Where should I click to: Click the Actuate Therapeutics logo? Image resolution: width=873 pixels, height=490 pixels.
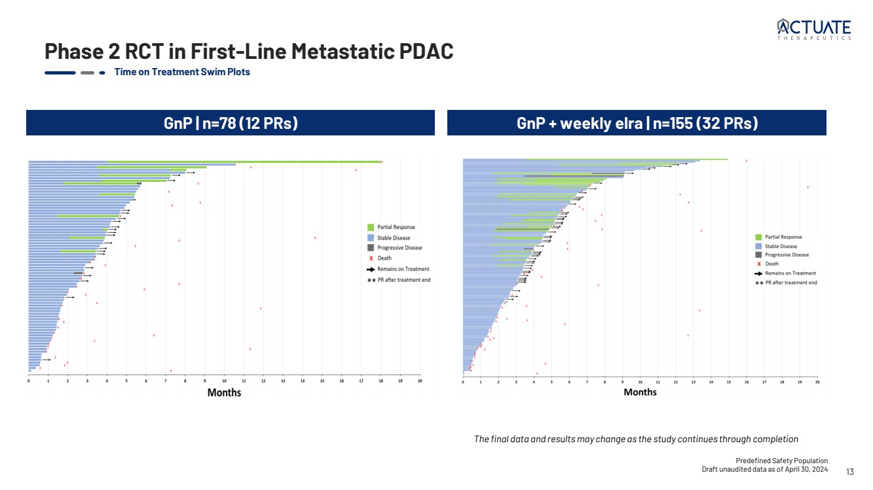[x=814, y=29]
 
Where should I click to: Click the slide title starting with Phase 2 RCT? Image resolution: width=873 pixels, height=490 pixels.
[x=249, y=51]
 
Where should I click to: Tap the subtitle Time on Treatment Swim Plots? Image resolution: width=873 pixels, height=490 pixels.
[x=182, y=72]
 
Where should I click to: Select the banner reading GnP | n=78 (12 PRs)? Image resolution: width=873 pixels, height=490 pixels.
[x=231, y=123]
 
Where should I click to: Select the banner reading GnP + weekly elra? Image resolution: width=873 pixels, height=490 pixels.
[x=637, y=123]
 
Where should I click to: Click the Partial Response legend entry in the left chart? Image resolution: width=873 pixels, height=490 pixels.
[x=396, y=227]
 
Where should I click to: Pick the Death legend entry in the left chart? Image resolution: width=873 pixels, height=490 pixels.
[x=384, y=258]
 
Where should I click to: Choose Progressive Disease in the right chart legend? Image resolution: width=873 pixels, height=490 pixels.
[x=787, y=255]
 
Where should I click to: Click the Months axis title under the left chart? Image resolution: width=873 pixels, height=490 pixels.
[x=224, y=393]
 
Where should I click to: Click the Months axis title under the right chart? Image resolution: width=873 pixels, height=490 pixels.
[x=640, y=392]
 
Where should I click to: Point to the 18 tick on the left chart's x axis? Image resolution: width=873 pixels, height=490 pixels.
[x=381, y=381]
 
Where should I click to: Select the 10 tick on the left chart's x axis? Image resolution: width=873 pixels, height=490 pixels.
[x=224, y=381]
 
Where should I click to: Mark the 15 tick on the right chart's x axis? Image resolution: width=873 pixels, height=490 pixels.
[x=729, y=381]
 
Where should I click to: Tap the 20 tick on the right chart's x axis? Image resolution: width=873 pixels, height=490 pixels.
[x=817, y=381]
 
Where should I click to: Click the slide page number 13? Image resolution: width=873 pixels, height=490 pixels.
[x=850, y=472]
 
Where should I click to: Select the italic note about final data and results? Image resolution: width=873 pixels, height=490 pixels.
[x=636, y=438]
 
